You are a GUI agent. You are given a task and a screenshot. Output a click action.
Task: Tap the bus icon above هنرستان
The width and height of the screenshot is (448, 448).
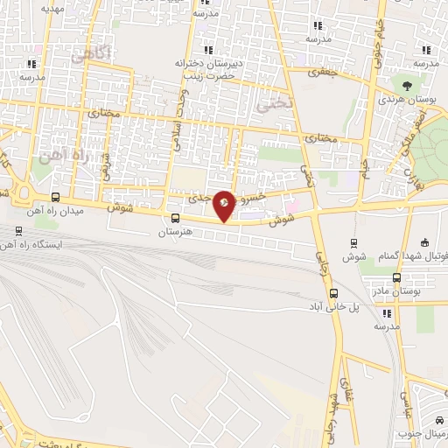click(175, 219)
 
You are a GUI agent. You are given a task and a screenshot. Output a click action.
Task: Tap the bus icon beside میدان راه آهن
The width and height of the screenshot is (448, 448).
click(57, 197)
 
